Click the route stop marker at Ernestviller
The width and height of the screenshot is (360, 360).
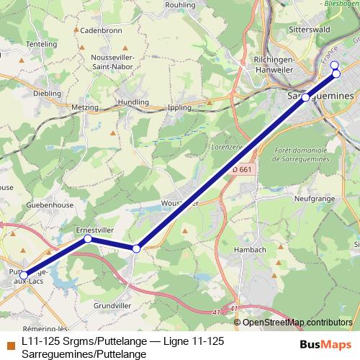coord(87,238)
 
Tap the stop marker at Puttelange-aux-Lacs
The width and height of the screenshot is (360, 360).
coord(23,275)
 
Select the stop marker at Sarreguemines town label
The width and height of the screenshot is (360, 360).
coord(305,97)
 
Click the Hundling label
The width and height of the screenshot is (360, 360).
coord(132,102)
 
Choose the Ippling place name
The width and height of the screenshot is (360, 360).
coord(178,107)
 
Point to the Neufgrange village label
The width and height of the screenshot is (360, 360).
coord(312,197)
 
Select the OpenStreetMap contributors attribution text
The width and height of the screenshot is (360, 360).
coord(297,323)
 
